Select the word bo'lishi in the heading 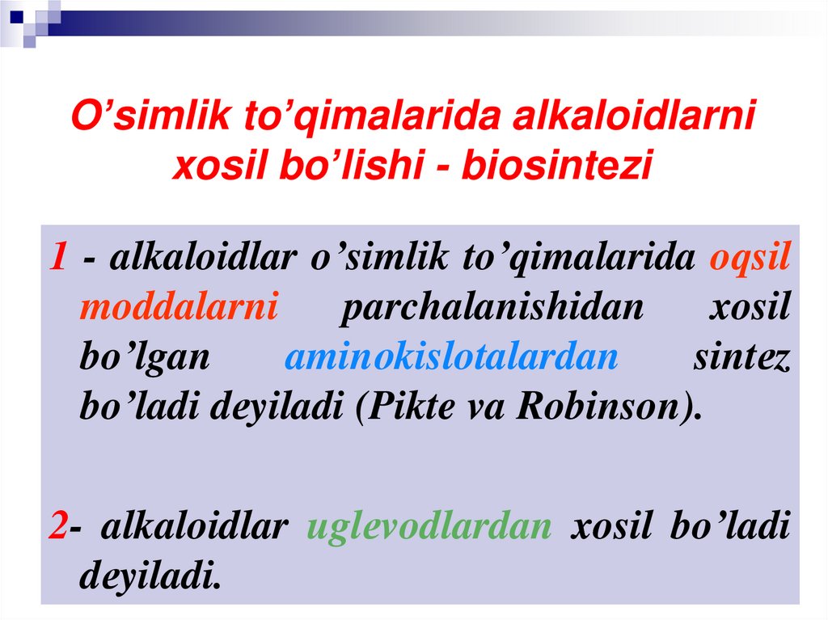coord(361,165)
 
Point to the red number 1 coord(57,258)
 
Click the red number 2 coord(57,526)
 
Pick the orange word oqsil coord(750,258)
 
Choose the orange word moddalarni coord(180,308)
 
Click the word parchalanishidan coord(492,308)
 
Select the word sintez coord(741,357)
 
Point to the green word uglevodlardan coord(429,526)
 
